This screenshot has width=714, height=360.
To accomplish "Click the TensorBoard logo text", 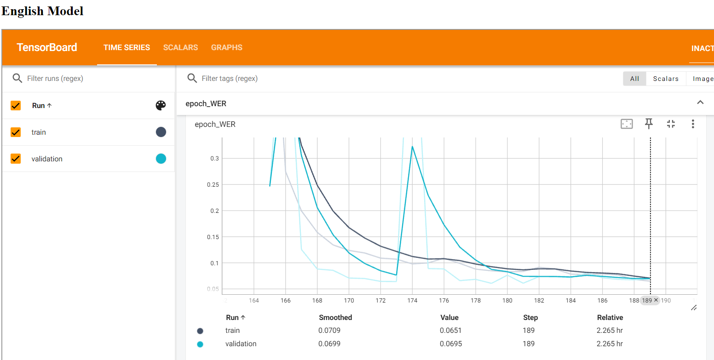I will tap(47, 48).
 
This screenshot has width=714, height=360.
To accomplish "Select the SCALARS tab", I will tap(180, 48).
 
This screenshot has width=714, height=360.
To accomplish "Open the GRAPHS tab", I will tap(226, 48).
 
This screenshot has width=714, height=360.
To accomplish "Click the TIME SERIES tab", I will tap(127, 48).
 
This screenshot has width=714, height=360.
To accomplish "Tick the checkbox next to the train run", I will tap(16, 132).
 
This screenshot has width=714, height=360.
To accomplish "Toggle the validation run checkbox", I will tap(16, 159).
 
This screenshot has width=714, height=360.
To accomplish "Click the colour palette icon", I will tap(161, 106).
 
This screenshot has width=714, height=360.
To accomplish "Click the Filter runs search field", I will tap(92, 79).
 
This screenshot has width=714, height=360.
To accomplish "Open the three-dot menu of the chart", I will tap(693, 124).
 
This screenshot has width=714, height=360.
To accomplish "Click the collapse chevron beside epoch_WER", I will tap(700, 103).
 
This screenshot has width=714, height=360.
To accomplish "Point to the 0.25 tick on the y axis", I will tap(213, 185).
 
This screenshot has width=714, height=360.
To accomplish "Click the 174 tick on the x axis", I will tap(412, 301).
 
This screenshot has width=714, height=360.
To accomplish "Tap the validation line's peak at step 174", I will tap(412, 146).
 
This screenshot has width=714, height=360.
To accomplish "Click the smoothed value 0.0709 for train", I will tap(329, 331).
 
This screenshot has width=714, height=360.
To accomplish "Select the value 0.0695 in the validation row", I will tap(451, 344).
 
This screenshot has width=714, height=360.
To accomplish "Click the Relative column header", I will tap(610, 318).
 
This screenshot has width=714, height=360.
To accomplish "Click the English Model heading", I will tap(43, 11).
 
